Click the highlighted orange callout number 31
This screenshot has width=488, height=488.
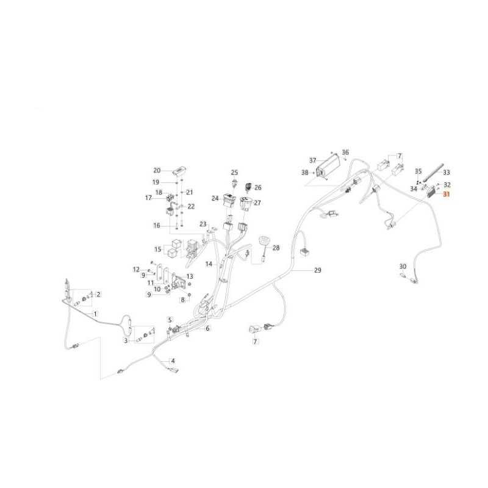447,194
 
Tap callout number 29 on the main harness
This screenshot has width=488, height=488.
317,270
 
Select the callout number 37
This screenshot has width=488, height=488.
312,160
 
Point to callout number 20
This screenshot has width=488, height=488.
157,171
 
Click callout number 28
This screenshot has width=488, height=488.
276,248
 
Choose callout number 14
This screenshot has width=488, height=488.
209,264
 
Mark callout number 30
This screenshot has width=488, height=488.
403,267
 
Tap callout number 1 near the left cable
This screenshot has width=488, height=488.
96,314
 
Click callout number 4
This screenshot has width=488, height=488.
173,361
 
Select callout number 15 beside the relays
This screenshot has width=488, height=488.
158,249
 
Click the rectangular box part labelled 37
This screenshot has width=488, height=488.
327,167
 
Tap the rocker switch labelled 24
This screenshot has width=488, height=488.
229,201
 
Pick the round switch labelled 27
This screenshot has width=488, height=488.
245,203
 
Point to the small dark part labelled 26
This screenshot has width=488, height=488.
249,187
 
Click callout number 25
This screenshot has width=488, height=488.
234,173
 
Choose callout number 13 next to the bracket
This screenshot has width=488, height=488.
190,276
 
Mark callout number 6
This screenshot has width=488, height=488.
207,328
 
